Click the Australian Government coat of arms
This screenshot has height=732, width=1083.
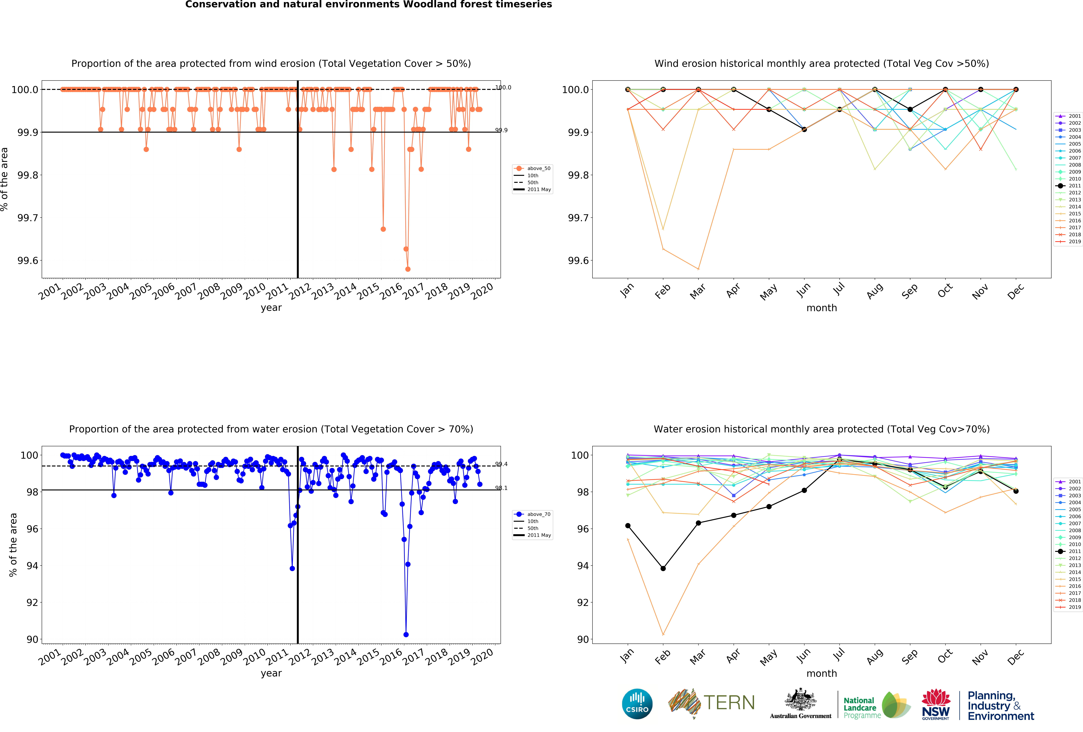[x=800, y=699]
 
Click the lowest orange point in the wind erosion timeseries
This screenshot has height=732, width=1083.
[x=408, y=269]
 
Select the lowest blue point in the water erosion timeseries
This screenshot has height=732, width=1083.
[x=406, y=635]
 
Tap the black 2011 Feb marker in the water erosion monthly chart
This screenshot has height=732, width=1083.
[x=663, y=568]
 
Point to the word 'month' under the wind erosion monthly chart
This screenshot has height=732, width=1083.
[x=822, y=308]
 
